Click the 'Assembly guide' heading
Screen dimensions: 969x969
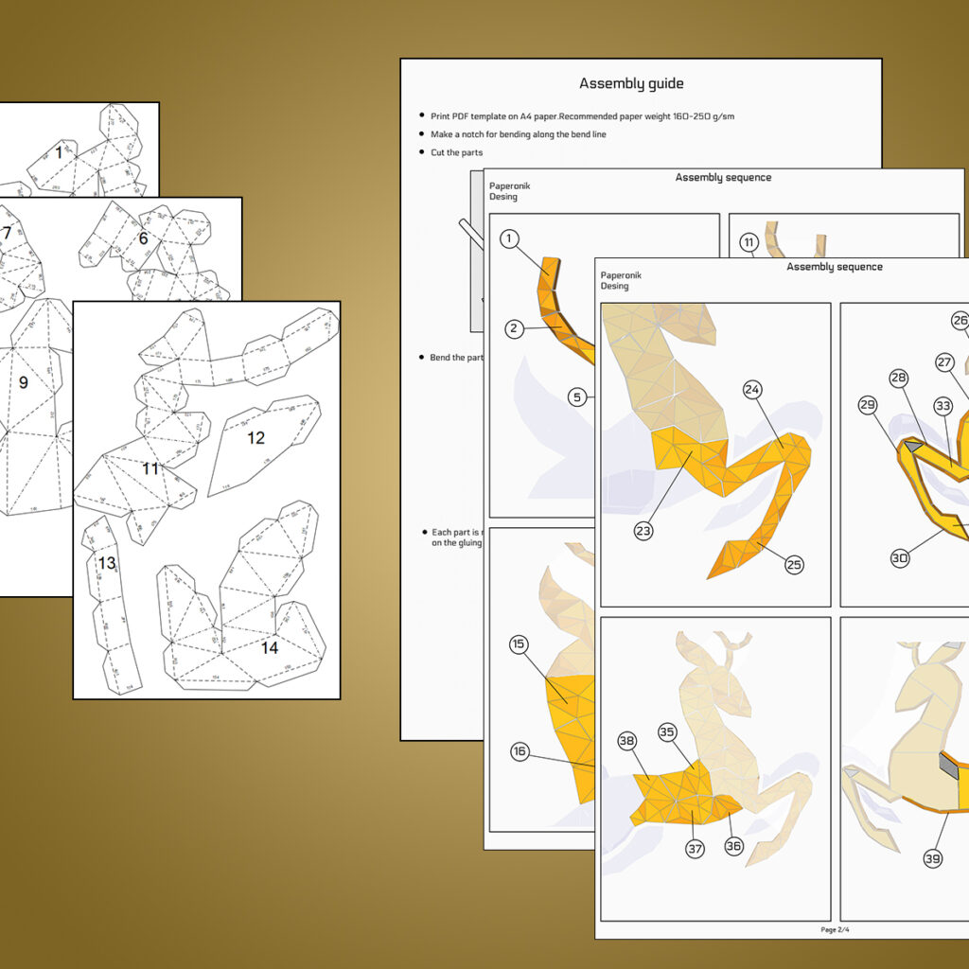point(631,84)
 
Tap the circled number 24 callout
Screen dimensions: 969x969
point(752,389)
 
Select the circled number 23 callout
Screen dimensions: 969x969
point(643,531)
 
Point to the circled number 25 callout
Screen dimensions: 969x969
point(793,565)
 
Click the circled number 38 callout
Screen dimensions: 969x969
point(626,742)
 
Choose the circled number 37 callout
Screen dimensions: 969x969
point(695,849)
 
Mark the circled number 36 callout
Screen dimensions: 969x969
point(733,846)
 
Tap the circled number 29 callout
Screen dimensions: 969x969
point(868,404)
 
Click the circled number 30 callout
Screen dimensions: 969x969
point(899,558)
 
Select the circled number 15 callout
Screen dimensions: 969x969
point(518,645)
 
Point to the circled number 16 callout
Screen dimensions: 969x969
point(520,751)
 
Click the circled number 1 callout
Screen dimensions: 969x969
point(510,238)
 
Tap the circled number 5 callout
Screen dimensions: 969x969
point(577,397)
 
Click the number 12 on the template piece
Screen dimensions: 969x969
point(256,438)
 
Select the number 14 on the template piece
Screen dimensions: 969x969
point(270,649)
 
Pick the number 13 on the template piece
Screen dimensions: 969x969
point(107,564)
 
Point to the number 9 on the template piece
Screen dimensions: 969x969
point(24,383)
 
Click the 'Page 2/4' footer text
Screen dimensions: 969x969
point(837,929)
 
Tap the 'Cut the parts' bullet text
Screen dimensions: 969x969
point(456,152)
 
